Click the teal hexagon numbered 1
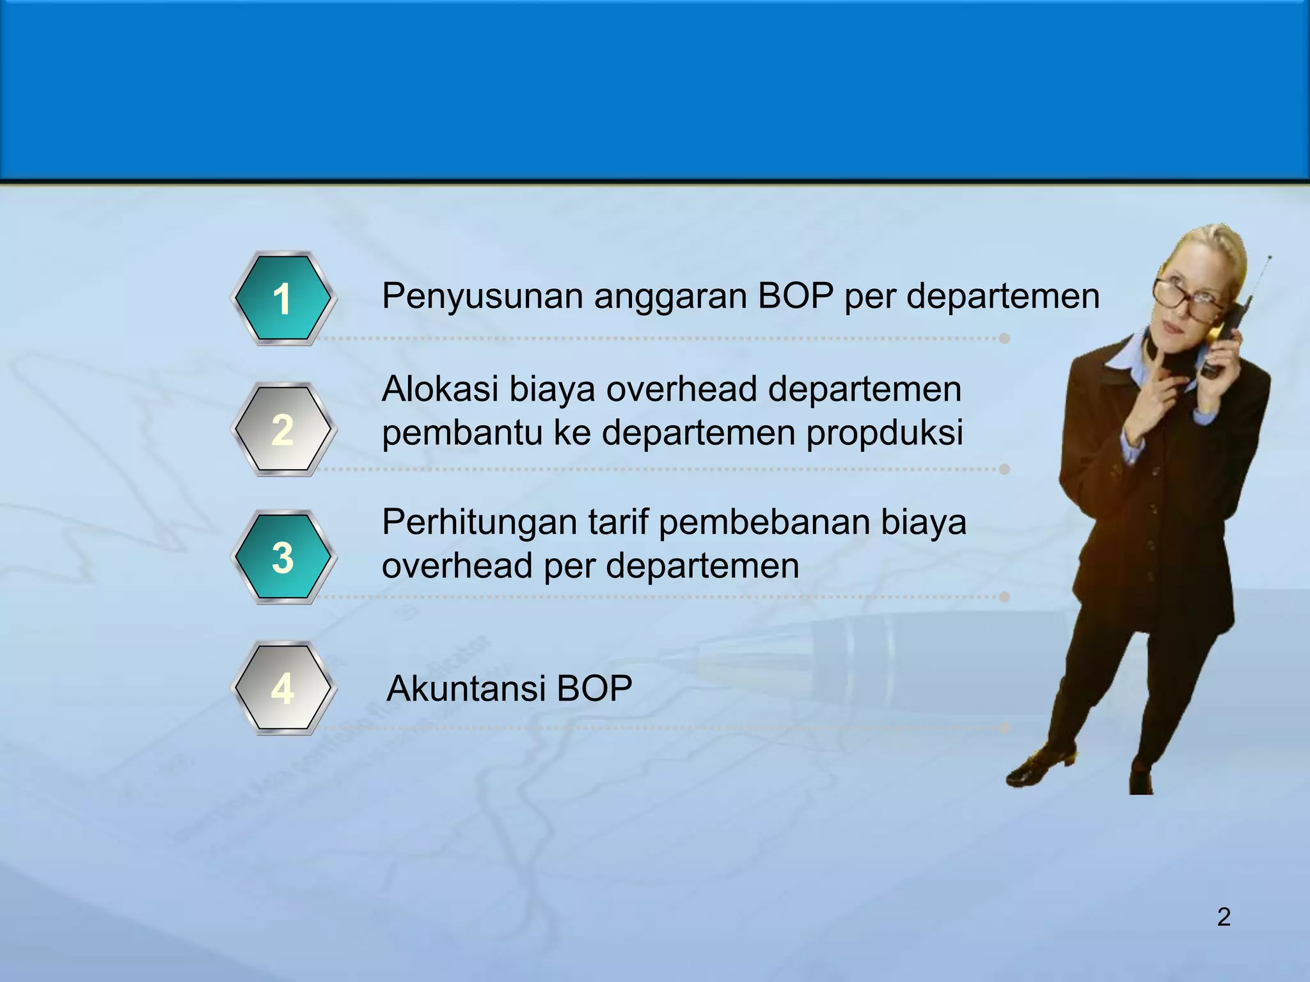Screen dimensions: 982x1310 (282, 298)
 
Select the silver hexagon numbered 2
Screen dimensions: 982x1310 (282, 429)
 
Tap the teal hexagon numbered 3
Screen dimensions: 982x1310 (282, 557)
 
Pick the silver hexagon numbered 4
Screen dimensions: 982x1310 (282, 688)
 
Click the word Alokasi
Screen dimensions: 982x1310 (439, 389)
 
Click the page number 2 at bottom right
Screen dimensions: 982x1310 (1223, 917)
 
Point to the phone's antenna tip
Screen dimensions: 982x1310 (1269, 258)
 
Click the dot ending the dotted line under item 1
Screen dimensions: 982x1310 (1004, 338)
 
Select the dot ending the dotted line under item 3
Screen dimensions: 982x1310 (1004, 596)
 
